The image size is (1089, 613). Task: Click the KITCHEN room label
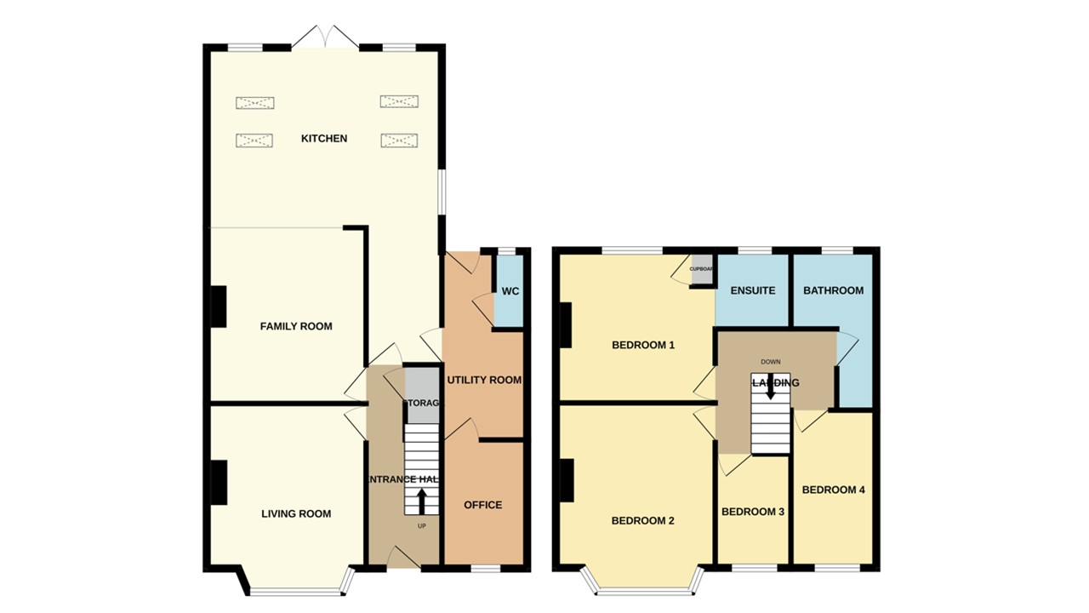tap(324, 138)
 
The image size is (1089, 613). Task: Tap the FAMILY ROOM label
tap(296, 326)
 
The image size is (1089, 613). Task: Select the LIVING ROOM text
tap(296, 513)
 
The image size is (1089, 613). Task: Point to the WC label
tap(510, 291)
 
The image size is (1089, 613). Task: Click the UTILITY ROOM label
tap(484, 380)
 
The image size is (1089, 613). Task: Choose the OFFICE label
tap(482, 505)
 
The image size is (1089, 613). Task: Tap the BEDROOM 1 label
tap(643, 345)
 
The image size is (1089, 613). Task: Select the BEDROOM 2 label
tap(643, 520)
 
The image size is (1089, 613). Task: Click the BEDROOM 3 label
tap(753, 512)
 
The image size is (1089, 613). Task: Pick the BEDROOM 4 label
tap(834, 490)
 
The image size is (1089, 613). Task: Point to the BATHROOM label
tap(834, 290)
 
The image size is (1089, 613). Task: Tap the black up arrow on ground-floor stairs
tap(421, 501)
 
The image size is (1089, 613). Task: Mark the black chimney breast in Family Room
tap(219, 306)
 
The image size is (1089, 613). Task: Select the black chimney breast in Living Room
tap(219, 482)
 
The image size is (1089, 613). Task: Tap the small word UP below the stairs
tap(421, 525)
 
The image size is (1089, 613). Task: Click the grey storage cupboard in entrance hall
tap(421, 396)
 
